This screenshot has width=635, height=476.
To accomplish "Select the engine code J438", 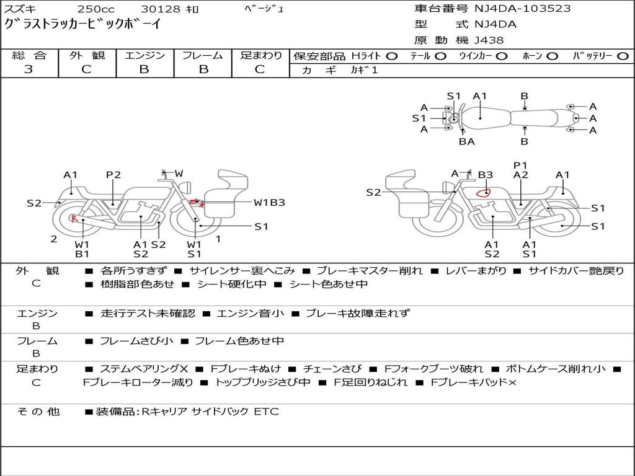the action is (489, 40).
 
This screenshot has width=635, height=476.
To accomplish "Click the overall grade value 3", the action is (29, 69).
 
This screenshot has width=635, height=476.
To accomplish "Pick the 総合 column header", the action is (29, 56).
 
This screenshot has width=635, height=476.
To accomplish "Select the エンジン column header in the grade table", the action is (144, 56).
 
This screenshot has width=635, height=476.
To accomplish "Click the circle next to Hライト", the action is (391, 56).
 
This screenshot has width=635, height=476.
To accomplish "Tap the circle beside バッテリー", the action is (623, 56).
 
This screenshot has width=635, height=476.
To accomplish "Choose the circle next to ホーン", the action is (551, 56).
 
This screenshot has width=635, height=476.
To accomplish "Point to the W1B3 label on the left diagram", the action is (269, 203).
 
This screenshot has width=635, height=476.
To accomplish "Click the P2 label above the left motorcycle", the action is (113, 175).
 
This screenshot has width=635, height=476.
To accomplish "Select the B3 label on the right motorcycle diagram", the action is (486, 175).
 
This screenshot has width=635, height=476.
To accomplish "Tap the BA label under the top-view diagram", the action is (466, 141).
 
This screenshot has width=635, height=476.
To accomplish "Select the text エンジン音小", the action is (250, 314).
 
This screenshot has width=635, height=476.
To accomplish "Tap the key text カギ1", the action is (364, 70).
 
